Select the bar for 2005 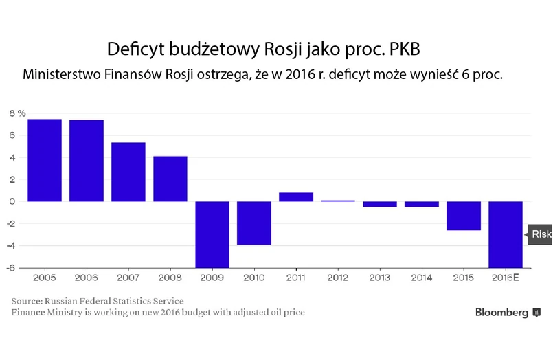pyautogui.click(x=45, y=160)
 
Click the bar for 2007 pyautogui.click(x=128, y=172)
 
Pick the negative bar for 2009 pyautogui.click(x=212, y=234)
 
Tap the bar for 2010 pyautogui.click(x=254, y=223)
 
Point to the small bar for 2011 pyautogui.click(x=296, y=197)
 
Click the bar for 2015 pyautogui.click(x=464, y=216)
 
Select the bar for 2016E pyautogui.click(x=506, y=234)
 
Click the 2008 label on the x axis pyautogui.click(x=170, y=277)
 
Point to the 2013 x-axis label pyautogui.click(x=380, y=277)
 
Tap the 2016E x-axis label pyautogui.click(x=506, y=277)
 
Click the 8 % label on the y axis pyautogui.click(x=16, y=113)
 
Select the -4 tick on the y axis pyautogui.click(x=12, y=246)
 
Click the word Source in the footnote pyautogui.click(x=26, y=301)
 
